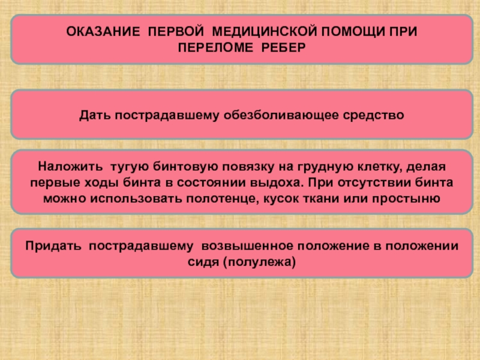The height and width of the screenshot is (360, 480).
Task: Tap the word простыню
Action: point(410,197)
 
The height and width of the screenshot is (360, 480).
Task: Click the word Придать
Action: point(50,247)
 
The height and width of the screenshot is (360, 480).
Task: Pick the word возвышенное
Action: point(250,247)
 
